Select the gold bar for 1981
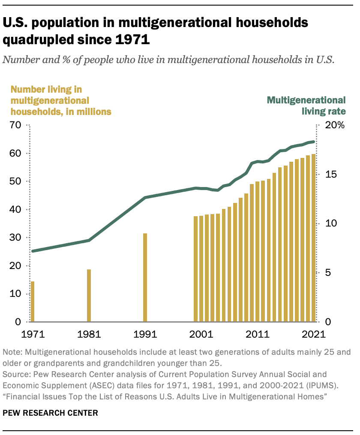point(89,296)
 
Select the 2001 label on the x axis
point(201,334)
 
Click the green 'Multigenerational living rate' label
point(306,106)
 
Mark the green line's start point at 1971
point(33,251)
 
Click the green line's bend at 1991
point(145,198)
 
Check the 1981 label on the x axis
point(89,334)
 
